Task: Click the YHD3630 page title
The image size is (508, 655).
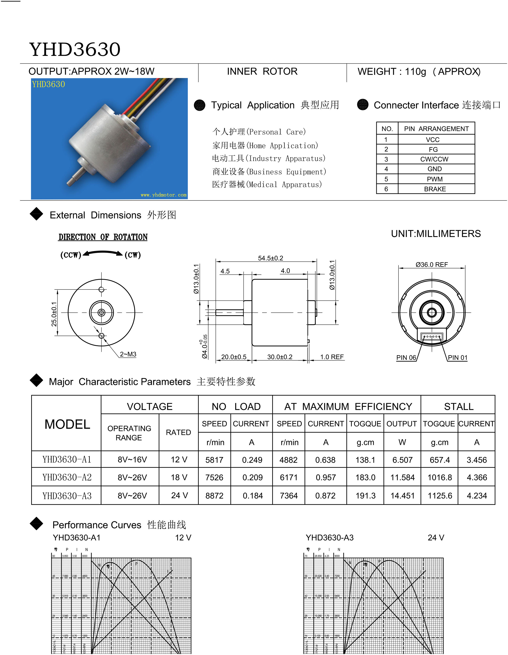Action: click(75, 49)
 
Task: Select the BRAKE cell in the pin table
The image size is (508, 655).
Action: click(435, 189)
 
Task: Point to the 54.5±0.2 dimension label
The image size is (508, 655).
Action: click(270, 258)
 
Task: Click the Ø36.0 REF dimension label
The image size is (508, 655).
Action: click(431, 264)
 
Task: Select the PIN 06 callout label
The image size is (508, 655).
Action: click(406, 357)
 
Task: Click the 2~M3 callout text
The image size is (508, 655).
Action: click(128, 354)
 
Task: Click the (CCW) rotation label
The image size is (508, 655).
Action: click(71, 255)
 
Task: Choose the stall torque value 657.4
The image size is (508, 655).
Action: click(440, 460)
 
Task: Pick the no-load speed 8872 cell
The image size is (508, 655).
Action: click(214, 496)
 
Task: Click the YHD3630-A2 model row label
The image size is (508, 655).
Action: click(67, 477)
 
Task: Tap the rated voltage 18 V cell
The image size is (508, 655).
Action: click(179, 477)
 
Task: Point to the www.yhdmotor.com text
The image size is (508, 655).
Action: click(164, 195)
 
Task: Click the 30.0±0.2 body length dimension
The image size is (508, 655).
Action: click(280, 357)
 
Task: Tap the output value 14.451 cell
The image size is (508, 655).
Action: click(402, 496)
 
